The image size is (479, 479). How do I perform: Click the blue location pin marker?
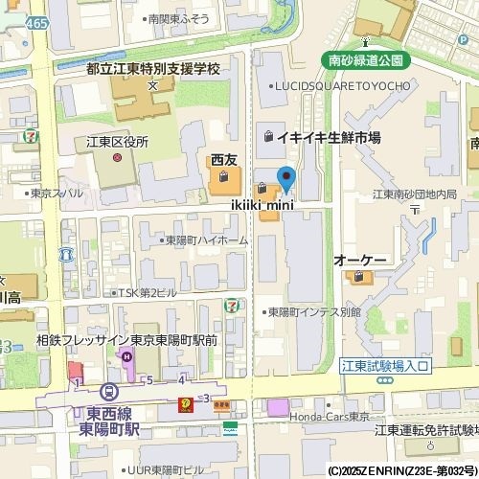pyautogui.click(x=285, y=178)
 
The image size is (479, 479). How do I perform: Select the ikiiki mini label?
pyautogui.click(x=262, y=204)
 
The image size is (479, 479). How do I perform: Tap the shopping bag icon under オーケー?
pyautogui.click(x=359, y=278)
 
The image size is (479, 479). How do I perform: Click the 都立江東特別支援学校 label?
pyautogui.click(x=152, y=70)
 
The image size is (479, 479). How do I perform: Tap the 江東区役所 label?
pyautogui.click(x=118, y=142)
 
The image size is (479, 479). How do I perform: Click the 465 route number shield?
pyautogui.click(x=36, y=21)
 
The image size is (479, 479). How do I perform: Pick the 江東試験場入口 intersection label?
pyautogui.click(x=387, y=366)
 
